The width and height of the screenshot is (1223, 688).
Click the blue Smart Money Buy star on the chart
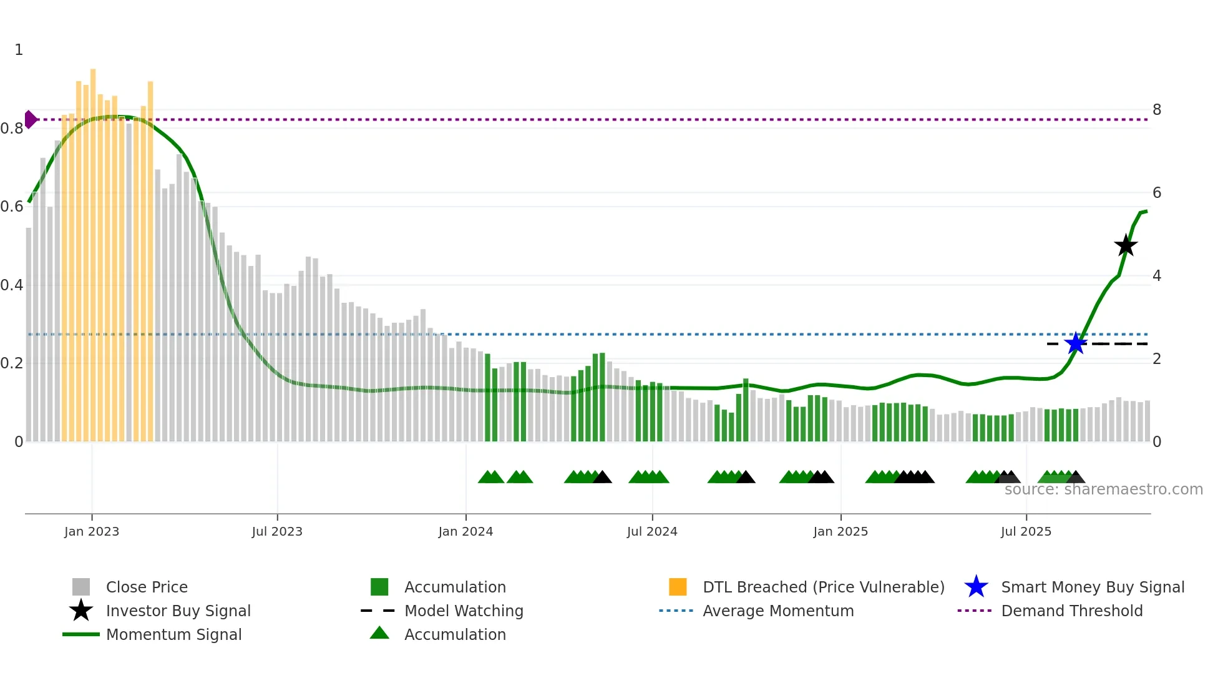click(x=1076, y=343)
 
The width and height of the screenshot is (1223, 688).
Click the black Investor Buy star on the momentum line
click(x=1126, y=246)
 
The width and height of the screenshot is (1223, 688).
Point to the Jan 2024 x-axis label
click(x=465, y=532)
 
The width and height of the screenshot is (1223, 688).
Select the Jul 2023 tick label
click(x=277, y=532)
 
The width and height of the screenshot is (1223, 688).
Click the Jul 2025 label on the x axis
click(x=1026, y=532)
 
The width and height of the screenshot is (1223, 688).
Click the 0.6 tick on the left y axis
click(x=12, y=207)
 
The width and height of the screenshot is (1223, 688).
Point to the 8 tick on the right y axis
click(x=1157, y=110)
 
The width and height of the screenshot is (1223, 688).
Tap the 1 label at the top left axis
click(x=19, y=50)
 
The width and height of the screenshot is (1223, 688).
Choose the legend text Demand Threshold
click(x=1071, y=611)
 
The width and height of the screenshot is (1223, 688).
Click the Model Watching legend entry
click(x=464, y=611)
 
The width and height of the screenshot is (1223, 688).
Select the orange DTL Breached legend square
click(x=678, y=587)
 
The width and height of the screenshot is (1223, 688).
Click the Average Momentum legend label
click(x=778, y=611)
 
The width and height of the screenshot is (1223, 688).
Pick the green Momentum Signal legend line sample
click(x=81, y=634)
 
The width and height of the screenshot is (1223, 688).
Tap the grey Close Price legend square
click(x=81, y=587)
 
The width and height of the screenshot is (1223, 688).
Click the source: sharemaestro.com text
click(x=1103, y=489)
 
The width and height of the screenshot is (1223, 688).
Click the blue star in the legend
click(x=976, y=587)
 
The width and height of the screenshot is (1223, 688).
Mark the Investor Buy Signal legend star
click(x=81, y=611)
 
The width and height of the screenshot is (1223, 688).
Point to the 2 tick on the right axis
click(x=1157, y=359)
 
